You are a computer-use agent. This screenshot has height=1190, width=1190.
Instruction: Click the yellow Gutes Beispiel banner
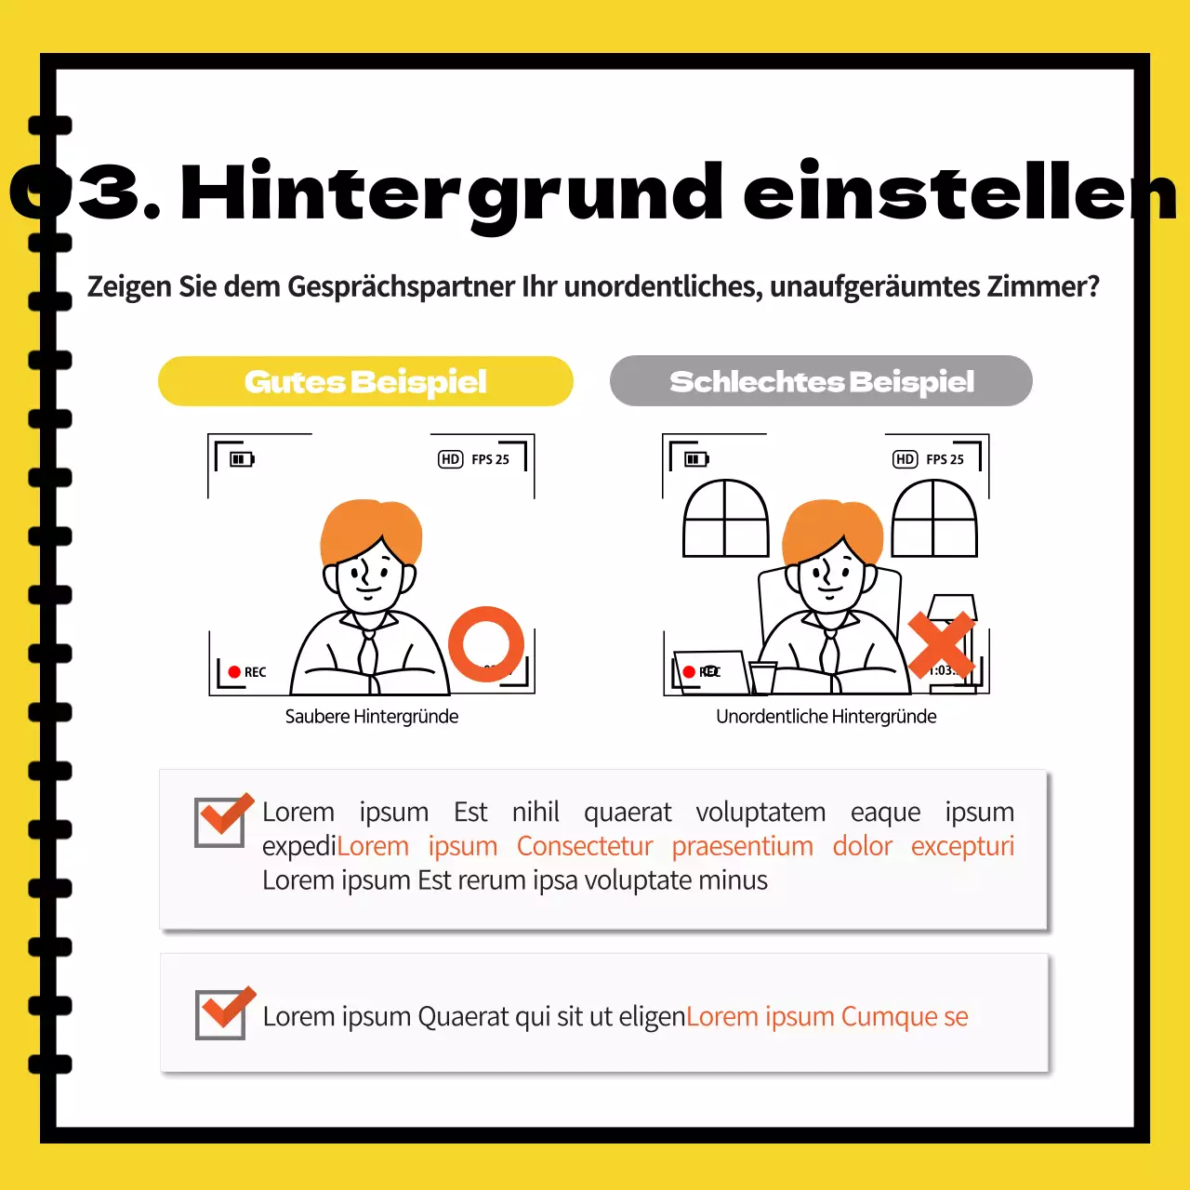point(365,381)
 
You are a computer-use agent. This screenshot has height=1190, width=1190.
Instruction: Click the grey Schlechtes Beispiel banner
point(821,381)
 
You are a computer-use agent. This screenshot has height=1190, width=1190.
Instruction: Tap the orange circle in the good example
point(486,643)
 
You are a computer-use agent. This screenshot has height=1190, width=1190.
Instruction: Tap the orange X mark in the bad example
point(941,644)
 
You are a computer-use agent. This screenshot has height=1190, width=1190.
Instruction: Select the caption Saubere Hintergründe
point(371,717)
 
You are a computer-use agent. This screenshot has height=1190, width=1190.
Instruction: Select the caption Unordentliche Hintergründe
point(826,717)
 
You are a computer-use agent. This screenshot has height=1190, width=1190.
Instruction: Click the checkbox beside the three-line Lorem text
point(220,822)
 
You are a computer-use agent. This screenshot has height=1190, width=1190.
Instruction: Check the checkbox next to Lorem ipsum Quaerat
point(221,1014)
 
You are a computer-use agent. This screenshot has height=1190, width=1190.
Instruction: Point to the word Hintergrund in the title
point(452,193)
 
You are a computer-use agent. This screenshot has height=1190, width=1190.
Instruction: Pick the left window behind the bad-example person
point(725,519)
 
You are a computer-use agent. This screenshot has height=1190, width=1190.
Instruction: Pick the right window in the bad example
point(934,519)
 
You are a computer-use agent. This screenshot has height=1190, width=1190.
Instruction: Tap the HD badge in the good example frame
point(451,459)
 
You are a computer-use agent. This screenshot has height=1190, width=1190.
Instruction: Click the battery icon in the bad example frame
point(696,459)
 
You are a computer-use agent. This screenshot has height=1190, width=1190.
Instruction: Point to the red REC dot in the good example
point(234,672)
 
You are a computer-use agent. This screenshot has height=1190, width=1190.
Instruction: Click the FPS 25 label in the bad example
point(945,459)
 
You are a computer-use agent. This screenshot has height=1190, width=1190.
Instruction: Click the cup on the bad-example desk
point(763,677)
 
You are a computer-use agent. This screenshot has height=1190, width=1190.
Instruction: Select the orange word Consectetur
point(585,846)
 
